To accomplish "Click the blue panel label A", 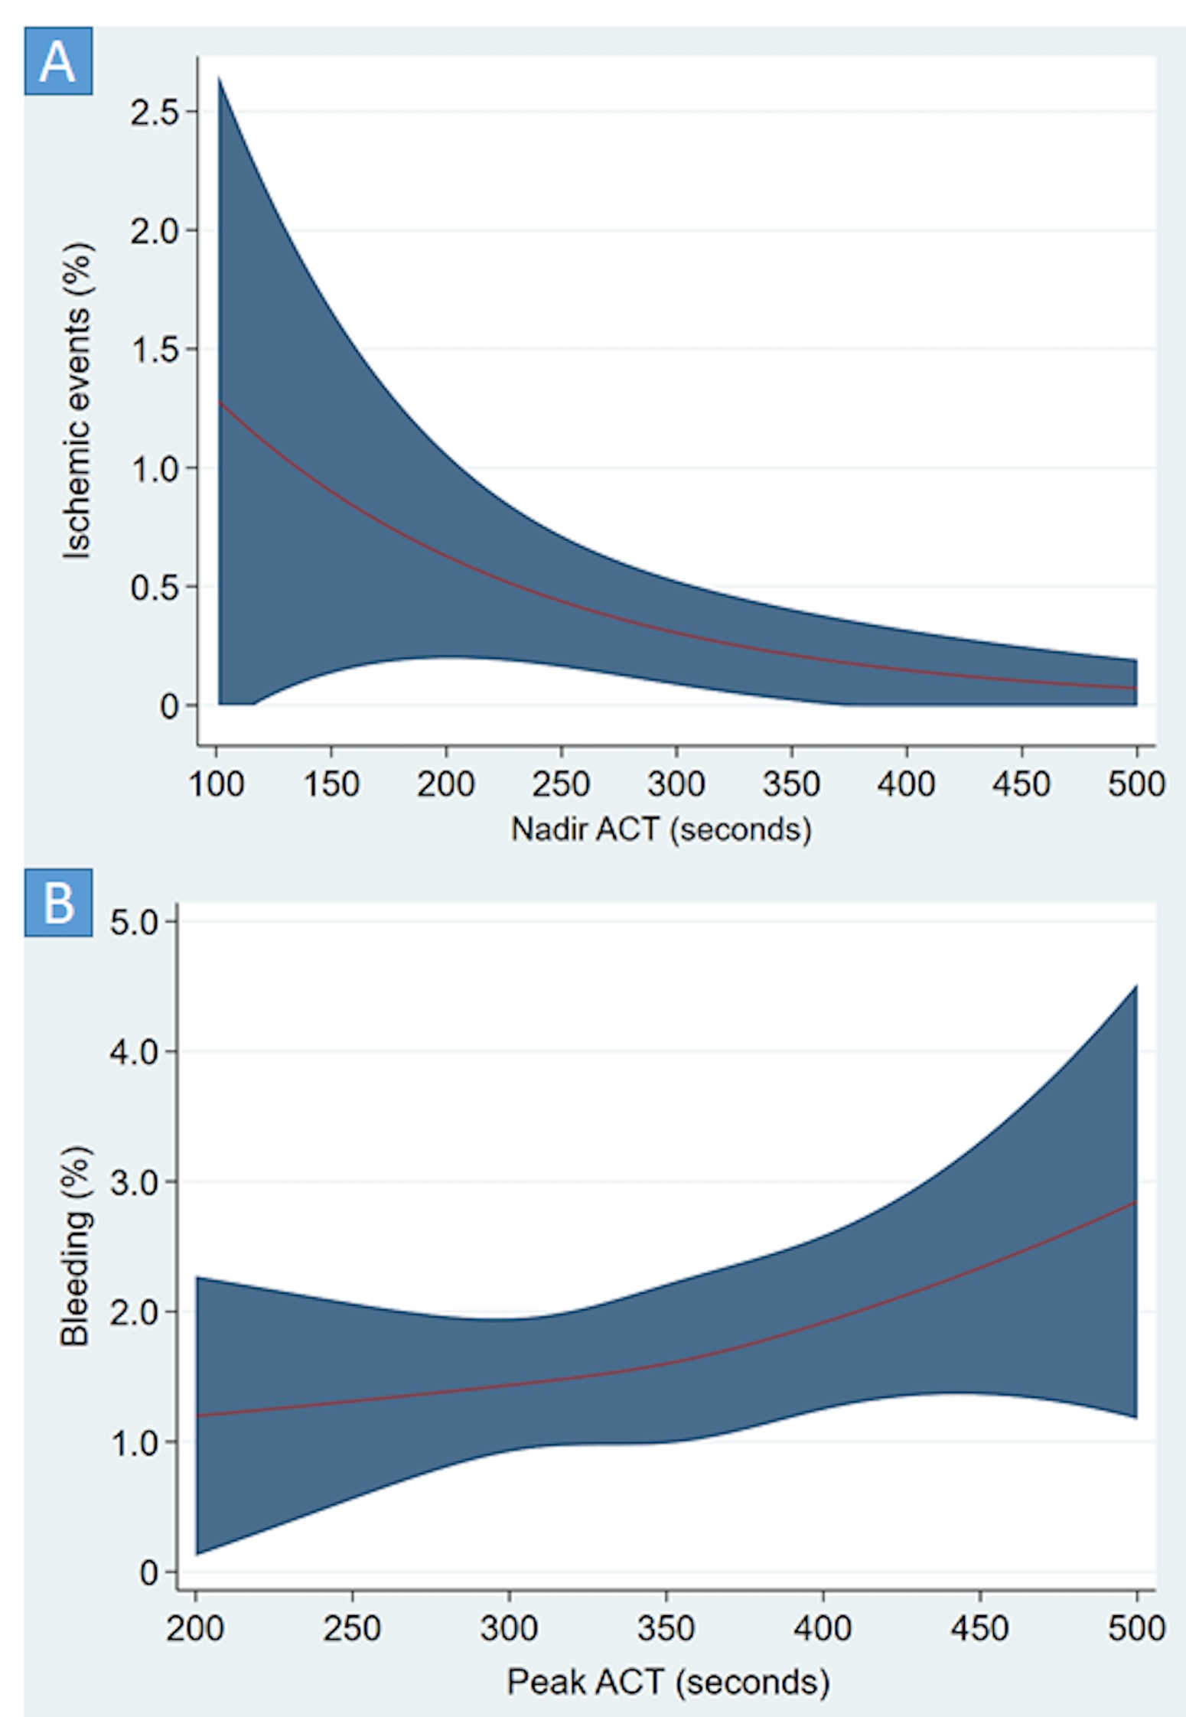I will pyautogui.click(x=58, y=61).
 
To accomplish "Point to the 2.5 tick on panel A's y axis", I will pyautogui.click(x=154, y=112).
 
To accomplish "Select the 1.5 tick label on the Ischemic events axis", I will pyautogui.click(x=154, y=350).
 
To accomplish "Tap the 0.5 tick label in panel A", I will pyautogui.click(x=154, y=588).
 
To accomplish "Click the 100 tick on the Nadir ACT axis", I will pyautogui.click(x=217, y=784).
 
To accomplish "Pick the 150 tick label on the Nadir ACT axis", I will pyautogui.click(x=331, y=784).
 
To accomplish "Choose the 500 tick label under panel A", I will pyautogui.click(x=1136, y=784).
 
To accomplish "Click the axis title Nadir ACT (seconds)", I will pyautogui.click(x=661, y=829).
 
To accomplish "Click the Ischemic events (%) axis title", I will pyautogui.click(x=77, y=401).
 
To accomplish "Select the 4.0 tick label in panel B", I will pyautogui.click(x=133, y=1051).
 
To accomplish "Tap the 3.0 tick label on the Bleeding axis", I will pyautogui.click(x=133, y=1182).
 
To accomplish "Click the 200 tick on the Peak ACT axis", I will pyautogui.click(x=195, y=1627).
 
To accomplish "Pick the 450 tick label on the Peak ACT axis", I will pyautogui.click(x=979, y=1627).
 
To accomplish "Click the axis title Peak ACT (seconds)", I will pyautogui.click(x=668, y=1681).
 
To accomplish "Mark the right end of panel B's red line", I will pyautogui.click(x=1136, y=1202).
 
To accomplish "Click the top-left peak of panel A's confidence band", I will pyautogui.click(x=220, y=77).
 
